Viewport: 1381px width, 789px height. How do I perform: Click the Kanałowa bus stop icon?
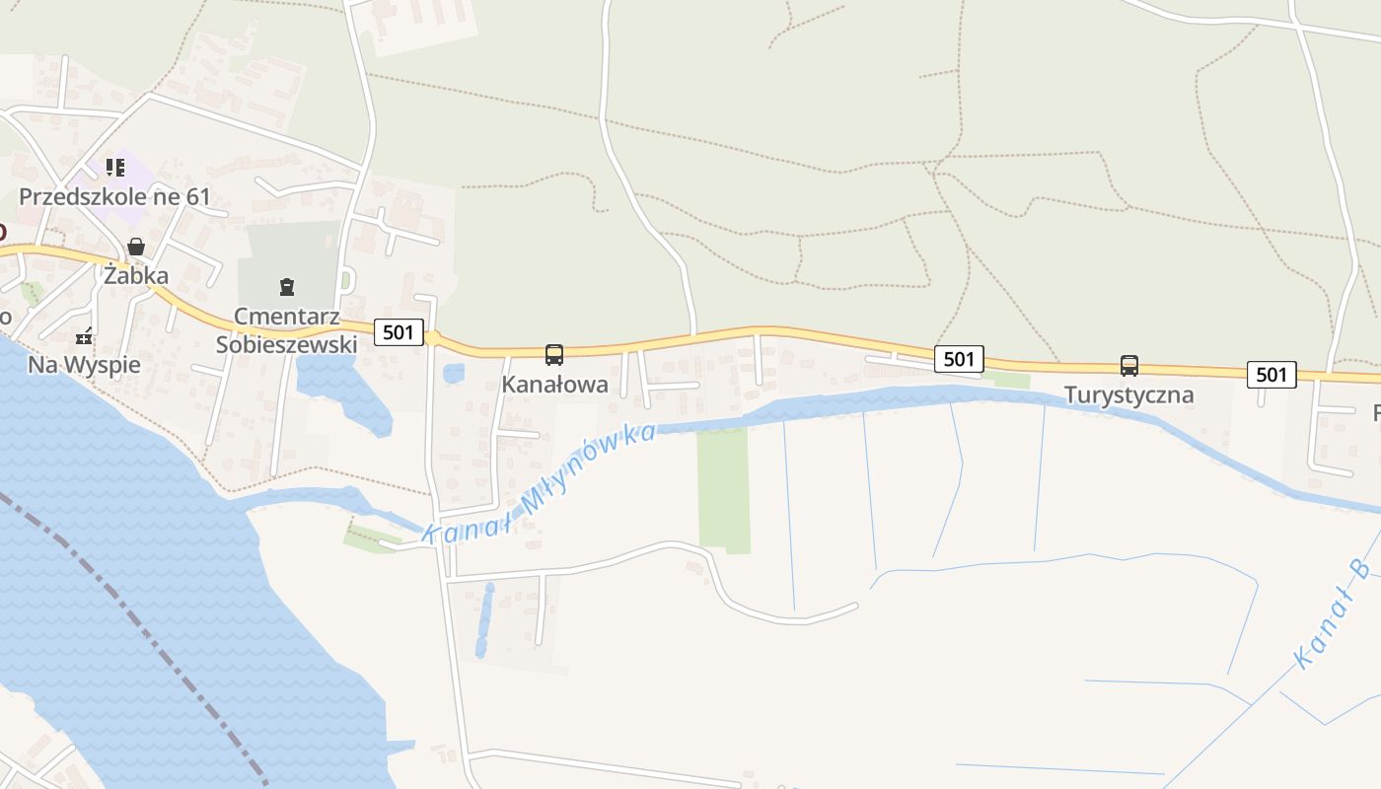554,355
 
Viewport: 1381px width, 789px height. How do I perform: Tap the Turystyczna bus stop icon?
1129,366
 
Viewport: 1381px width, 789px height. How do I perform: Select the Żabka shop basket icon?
136,247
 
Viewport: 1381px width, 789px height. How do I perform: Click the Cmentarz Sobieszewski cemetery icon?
287,288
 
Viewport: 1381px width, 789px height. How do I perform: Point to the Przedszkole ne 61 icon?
115,168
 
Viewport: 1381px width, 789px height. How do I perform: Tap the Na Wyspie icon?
85,336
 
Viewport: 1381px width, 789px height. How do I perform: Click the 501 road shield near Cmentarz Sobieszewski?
399,332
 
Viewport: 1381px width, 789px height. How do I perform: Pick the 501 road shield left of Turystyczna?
959,359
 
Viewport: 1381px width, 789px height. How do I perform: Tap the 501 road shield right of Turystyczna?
1272,375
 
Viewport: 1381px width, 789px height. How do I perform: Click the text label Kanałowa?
555,385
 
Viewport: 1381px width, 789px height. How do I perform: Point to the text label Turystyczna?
1129,395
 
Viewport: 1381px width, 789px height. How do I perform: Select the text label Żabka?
136,276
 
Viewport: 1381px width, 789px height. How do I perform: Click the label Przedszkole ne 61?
114,196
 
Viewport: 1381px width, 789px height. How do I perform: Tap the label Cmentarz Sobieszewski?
286,330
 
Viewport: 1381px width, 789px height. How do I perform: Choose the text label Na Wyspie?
84,365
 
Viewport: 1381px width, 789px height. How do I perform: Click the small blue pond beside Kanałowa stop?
454,374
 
